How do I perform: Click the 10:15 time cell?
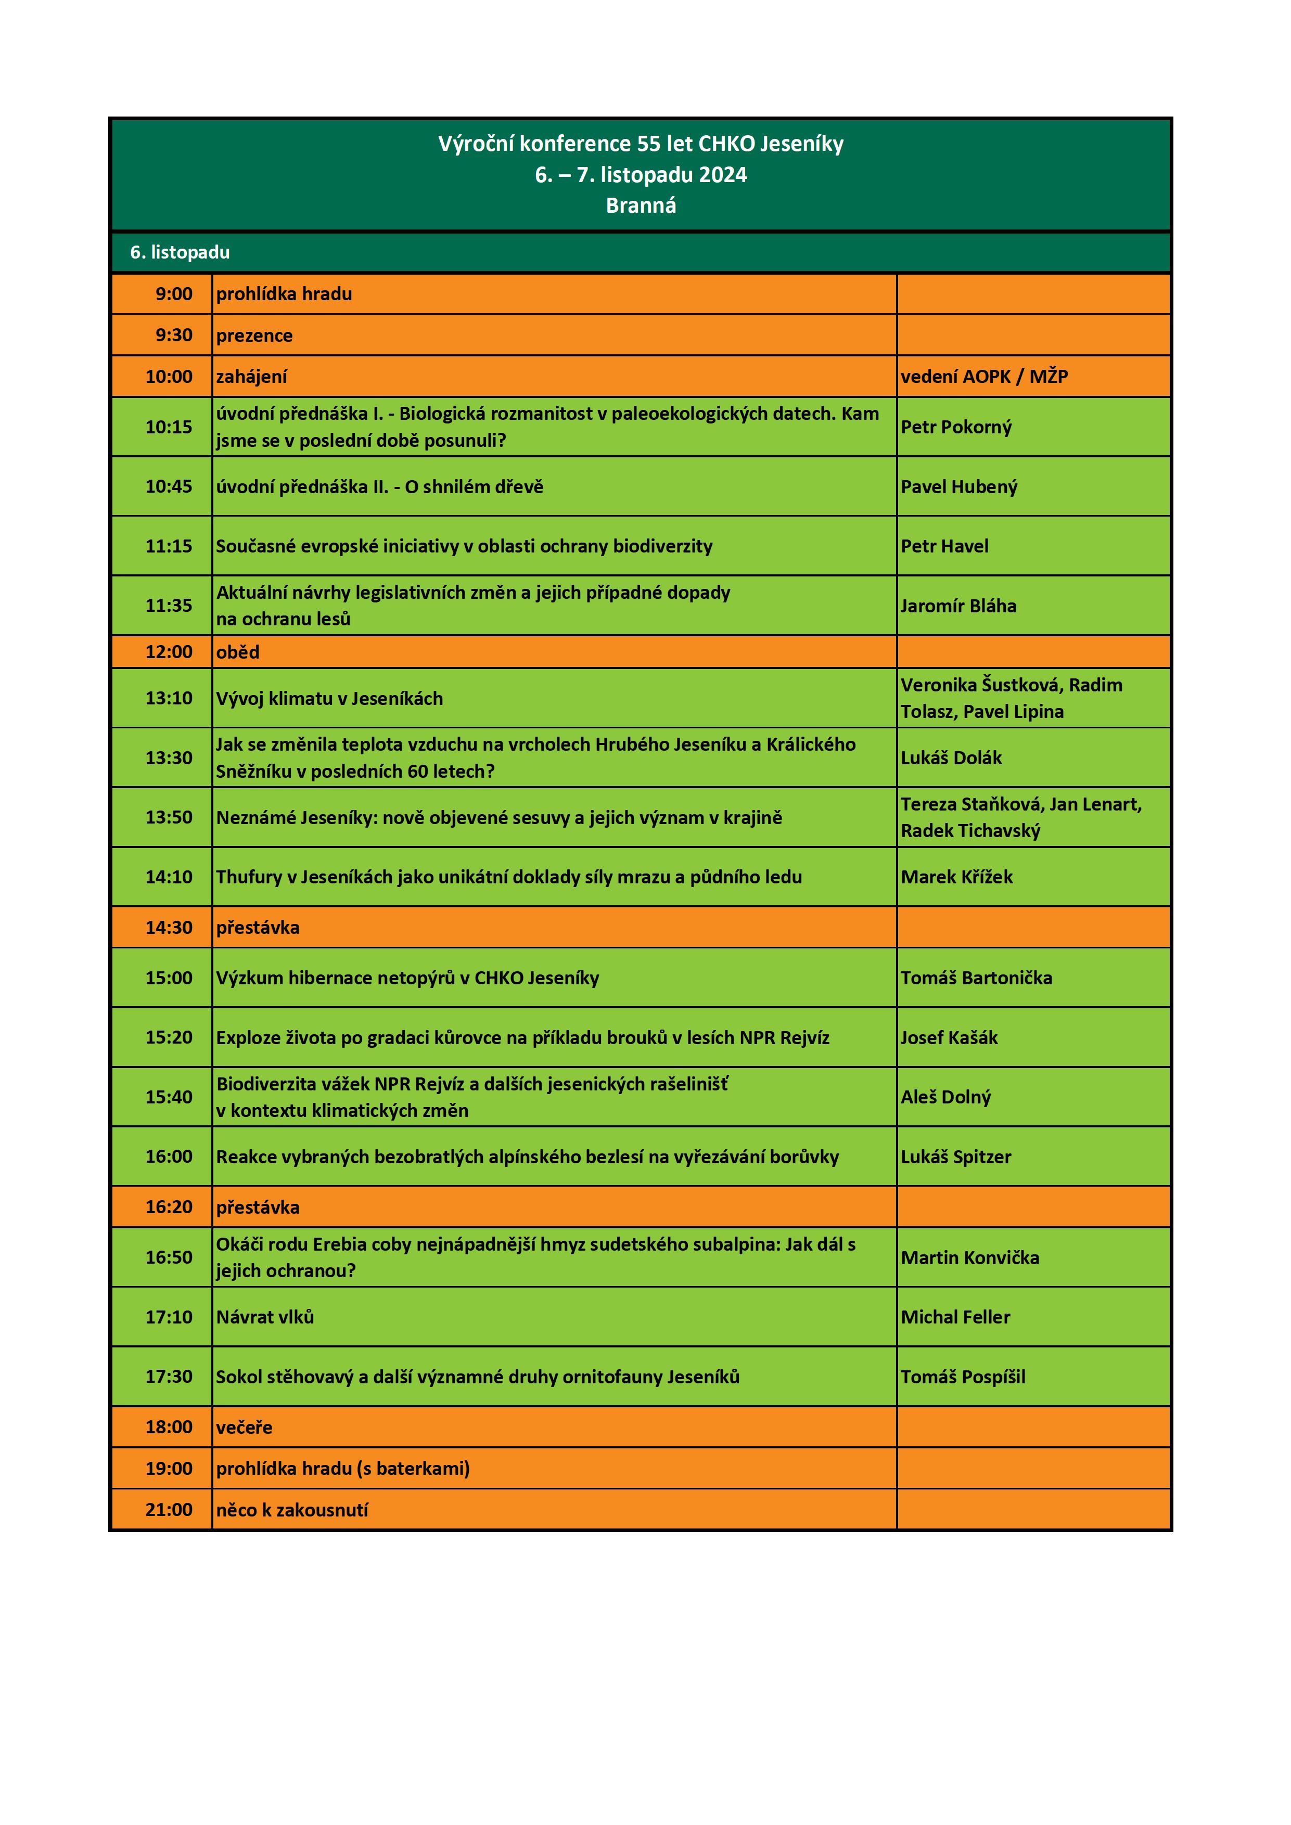169,427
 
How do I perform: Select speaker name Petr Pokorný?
955,427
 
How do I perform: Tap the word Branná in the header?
641,206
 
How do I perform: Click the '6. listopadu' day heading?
180,253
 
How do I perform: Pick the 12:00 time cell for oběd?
169,652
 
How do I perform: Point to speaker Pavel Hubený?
958,486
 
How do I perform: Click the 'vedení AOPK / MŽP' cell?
984,376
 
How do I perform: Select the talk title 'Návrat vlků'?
265,1317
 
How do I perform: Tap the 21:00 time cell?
169,1509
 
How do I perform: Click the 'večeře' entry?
244,1427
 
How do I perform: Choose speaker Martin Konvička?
970,1257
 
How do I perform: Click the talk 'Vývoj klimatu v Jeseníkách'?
329,699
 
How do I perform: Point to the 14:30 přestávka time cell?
169,928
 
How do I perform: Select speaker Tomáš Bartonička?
976,978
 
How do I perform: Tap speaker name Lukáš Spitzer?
955,1156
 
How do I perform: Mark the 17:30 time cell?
169,1377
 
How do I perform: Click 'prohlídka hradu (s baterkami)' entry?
342,1468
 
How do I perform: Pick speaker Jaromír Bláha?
958,606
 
